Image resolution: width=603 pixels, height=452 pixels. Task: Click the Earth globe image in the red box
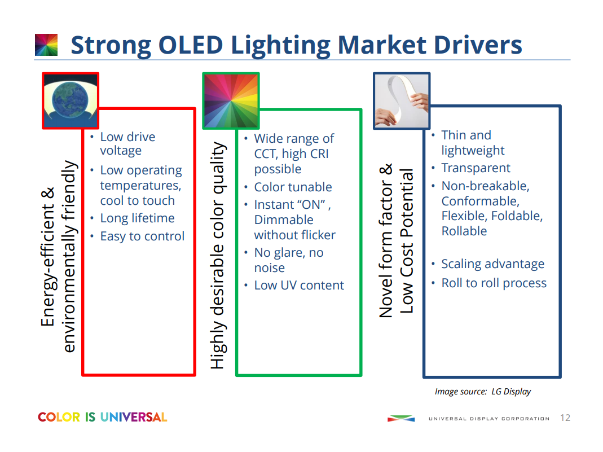(x=71, y=100)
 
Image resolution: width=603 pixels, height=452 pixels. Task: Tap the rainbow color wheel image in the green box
(x=231, y=100)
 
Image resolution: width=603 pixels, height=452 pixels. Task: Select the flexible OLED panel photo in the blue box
(x=402, y=100)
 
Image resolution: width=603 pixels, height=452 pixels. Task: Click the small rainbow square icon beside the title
(x=46, y=45)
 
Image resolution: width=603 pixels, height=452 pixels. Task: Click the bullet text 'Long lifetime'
(x=137, y=218)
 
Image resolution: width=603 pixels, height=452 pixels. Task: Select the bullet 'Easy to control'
(x=142, y=236)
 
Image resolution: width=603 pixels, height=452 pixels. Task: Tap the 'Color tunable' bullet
(x=293, y=187)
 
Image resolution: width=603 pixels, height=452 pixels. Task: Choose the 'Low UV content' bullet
(x=299, y=286)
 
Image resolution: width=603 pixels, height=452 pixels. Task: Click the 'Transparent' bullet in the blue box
(x=476, y=168)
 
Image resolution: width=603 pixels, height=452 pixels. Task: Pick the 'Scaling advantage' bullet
(x=492, y=264)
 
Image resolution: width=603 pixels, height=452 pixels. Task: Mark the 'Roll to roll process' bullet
(x=494, y=283)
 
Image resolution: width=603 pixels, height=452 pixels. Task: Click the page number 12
(x=565, y=418)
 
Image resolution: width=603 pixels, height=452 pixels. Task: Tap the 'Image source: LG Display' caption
(x=483, y=392)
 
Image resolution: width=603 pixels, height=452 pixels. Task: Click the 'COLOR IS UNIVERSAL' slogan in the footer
(x=103, y=418)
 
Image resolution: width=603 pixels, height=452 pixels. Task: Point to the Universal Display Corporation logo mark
(x=401, y=419)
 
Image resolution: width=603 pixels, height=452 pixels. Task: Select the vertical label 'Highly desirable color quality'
(x=218, y=256)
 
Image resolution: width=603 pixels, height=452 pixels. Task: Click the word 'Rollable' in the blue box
(x=464, y=231)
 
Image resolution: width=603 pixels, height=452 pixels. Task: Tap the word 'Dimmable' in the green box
(x=284, y=220)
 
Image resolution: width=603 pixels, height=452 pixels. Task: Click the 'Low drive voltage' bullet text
(x=127, y=144)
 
